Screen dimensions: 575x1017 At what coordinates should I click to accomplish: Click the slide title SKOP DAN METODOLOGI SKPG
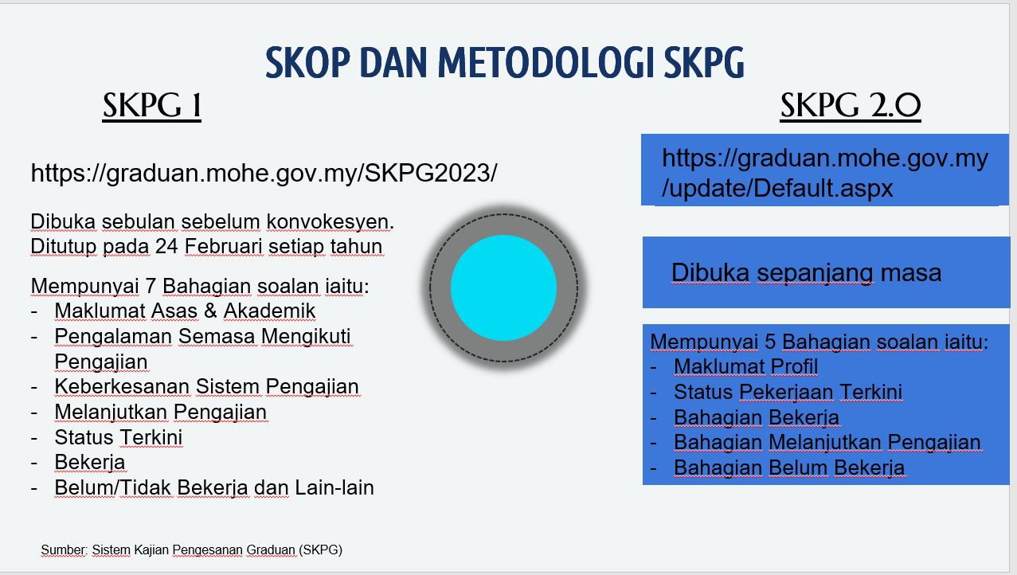(x=505, y=63)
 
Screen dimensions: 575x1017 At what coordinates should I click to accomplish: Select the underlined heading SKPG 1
(x=151, y=107)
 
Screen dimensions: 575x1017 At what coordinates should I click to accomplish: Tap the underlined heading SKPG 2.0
(x=850, y=107)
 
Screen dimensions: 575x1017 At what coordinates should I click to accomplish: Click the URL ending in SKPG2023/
(x=264, y=173)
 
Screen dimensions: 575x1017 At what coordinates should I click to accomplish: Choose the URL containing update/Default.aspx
(x=824, y=173)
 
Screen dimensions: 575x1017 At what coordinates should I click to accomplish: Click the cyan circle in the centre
(x=503, y=287)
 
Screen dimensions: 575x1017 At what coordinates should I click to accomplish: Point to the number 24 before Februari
(x=166, y=247)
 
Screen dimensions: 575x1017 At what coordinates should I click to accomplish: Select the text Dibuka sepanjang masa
(x=806, y=273)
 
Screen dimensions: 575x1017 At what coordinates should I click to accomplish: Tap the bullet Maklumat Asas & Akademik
(x=185, y=311)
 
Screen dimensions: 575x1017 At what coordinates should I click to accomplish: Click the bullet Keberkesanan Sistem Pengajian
(x=206, y=387)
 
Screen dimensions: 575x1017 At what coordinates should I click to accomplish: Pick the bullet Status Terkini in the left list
(x=119, y=437)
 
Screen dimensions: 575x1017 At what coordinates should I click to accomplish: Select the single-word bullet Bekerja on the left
(x=89, y=462)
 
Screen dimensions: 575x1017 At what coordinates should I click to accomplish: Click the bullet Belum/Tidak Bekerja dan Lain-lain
(x=214, y=487)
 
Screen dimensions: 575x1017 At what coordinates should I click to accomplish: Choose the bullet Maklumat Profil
(x=745, y=366)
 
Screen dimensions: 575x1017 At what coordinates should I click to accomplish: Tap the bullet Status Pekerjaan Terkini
(x=788, y=392)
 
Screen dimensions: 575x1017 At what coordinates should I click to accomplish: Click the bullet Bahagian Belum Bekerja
(x=789, y=467)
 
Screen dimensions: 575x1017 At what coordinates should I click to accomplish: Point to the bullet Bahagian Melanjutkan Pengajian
(x=827, y=442)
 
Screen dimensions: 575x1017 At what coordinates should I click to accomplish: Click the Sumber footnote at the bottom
(x=192, y=550)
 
